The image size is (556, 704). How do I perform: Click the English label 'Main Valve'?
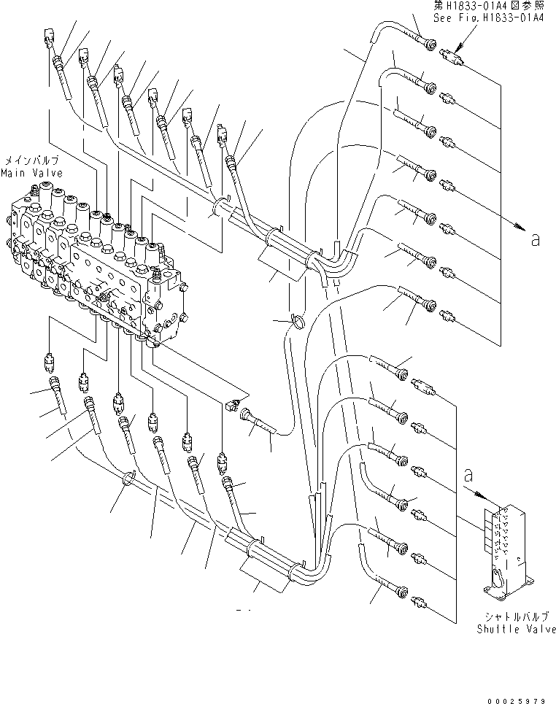pyautogui.click(x=31, y=174)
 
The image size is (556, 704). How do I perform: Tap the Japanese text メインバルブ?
pyautogui.click(x=32, y=160)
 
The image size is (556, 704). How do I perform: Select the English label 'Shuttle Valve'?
pyautogui.click(x=516, y=629)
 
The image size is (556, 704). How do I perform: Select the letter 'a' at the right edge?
pyautogui.click(x=536, y=239)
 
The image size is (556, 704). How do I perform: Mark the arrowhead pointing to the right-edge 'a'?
pyautogui.click(x=520, y=228)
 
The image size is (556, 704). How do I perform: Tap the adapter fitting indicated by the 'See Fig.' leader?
pyautogui.click(x=453, y=55)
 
